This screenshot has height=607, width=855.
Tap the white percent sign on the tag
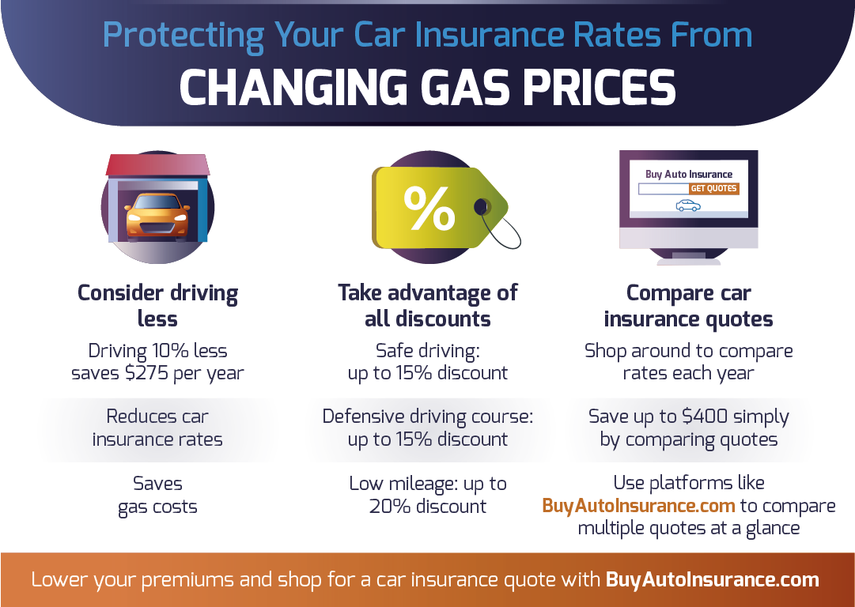[429, 208]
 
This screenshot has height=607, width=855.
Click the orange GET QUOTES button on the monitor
[713, 189]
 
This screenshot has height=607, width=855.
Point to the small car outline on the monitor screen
[688, 205]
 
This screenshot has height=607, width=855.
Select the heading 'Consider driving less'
[157, 306]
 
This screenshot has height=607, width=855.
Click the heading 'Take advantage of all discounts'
[428, 306]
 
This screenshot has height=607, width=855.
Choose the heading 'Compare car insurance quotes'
[688, 306]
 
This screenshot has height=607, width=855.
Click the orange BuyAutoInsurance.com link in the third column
[638, 506]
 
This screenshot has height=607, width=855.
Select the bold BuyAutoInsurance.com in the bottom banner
[712, 579]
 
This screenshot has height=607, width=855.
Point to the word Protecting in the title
[182, 36]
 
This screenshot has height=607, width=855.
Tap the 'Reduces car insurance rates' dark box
[157, 428]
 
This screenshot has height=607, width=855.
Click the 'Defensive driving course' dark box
[428, 428]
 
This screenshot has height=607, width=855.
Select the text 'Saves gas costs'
[157, 495]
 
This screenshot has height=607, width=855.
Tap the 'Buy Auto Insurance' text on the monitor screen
[688, 174]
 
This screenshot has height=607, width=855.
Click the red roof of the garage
[157, 164]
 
